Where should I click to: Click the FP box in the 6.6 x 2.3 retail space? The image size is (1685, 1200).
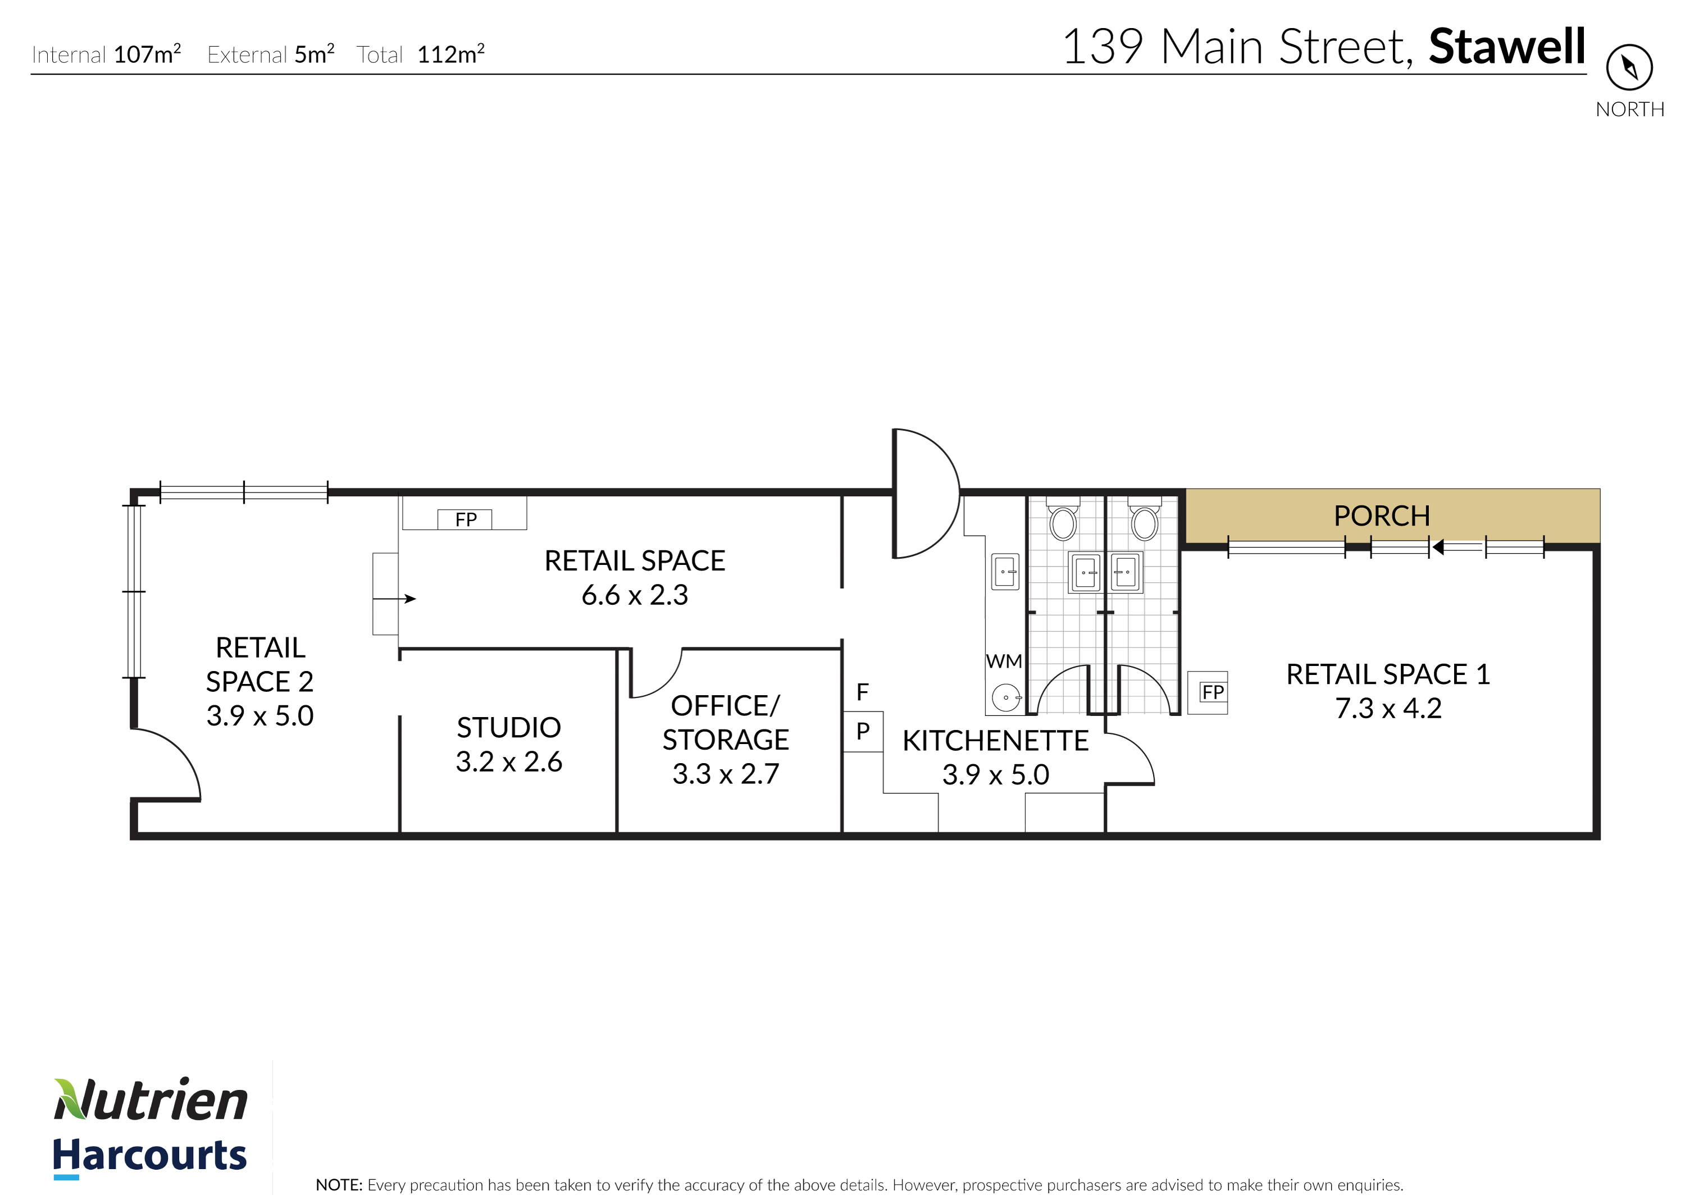coord(465,519)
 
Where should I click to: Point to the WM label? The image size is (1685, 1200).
coord(1004,661)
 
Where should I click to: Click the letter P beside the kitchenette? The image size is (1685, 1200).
coord(863,732)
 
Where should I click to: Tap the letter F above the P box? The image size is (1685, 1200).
coord(863,692)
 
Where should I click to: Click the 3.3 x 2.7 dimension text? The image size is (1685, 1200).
coord(725,774)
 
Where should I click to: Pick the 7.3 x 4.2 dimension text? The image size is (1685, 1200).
coord(1388,708)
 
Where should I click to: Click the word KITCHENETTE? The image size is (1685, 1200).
coord(995,741)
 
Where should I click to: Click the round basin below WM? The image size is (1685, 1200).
coord(1006,697)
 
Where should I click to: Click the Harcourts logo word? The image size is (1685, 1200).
coord(149,1155)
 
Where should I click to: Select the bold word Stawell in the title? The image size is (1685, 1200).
coord(1507,47)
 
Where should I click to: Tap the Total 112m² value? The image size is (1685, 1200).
coord(451,54)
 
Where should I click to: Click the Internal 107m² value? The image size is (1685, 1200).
coord(147,54)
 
